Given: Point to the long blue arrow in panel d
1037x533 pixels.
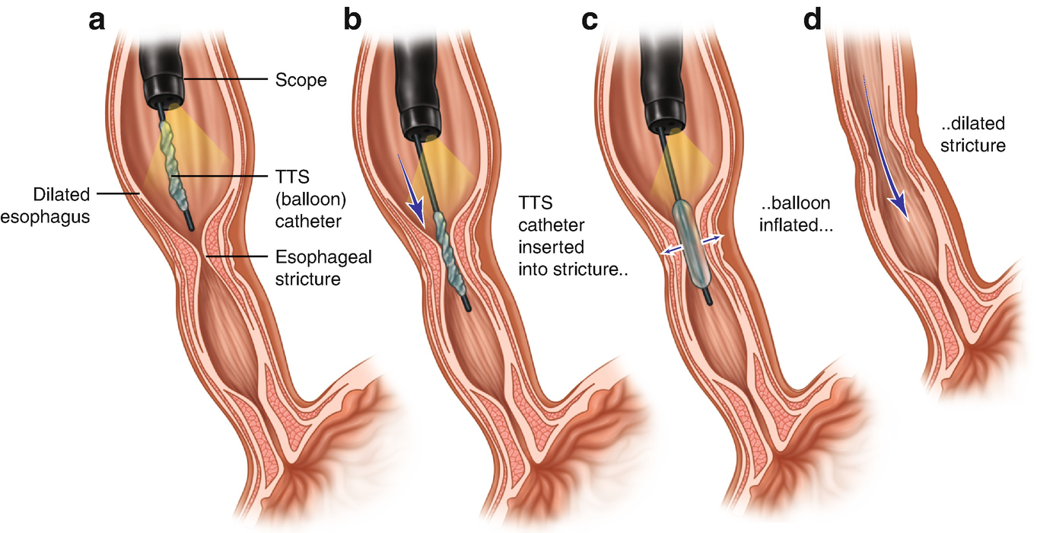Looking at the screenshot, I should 885,152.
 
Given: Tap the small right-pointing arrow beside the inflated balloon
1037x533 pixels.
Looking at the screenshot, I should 711,239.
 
